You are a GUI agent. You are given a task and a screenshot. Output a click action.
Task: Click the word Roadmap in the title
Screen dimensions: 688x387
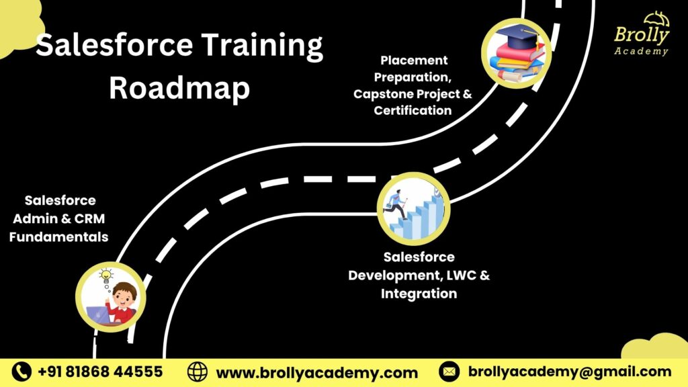point(179,87)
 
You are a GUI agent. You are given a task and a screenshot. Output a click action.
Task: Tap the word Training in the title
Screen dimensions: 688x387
point(262,46)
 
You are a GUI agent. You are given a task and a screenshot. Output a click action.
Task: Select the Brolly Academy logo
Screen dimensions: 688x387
point(642,34)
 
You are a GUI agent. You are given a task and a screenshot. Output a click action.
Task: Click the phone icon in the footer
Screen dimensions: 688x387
point(21,372)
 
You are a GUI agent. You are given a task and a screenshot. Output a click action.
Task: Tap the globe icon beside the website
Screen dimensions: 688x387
point(198,372)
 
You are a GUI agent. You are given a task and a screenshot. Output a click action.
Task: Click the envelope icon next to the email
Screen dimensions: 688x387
point(449,372)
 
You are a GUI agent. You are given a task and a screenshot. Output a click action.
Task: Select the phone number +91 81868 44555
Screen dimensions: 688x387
point(101,372)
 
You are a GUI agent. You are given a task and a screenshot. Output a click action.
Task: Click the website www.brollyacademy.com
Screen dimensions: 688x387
point(317,373)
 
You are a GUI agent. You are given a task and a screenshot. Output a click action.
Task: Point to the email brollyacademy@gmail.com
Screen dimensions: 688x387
point(570,372)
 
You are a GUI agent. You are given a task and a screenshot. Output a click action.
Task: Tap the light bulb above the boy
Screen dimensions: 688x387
point(105,275)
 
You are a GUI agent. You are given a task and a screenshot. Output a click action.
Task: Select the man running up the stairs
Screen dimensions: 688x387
point(396,204)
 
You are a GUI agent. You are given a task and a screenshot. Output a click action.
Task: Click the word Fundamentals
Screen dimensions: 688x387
point(59,237)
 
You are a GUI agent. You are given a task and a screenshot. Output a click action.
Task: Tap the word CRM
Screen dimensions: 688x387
point(89,218)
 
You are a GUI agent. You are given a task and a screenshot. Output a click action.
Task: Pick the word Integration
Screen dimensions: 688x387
point(419,294)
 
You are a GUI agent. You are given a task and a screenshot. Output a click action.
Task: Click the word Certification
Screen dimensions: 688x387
point(413,110)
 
